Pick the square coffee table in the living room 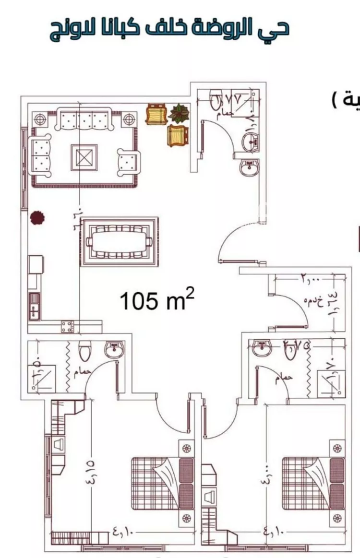(x=84, y=157)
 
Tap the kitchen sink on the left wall (x=34, y=306)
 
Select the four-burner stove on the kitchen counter (x=67, y=327)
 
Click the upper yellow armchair (x=155, y=114)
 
